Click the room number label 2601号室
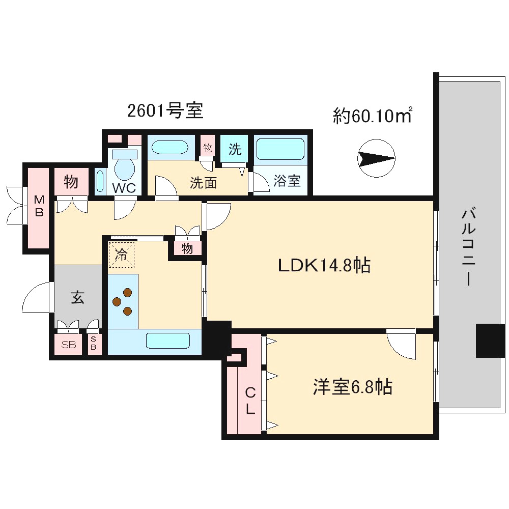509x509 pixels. click(x=165, y=110)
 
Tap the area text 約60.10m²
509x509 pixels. click(x=372, y=116)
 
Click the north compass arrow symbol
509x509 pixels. click(x=376, y=159)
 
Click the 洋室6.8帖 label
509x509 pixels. click(x=352, y=388)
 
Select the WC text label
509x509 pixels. click(x=124, y=188)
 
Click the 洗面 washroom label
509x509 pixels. click(x=204, y=183)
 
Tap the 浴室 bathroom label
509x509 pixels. click(x=287, y=181)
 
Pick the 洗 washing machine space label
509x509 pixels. click(x=234, y=149)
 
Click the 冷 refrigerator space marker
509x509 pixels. click(x=121, y=254)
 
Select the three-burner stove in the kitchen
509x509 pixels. click(x=123, y=301)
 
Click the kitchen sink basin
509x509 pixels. click(x=167, y=341)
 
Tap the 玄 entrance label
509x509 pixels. click(x=77, y=298)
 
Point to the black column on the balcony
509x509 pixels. click(x=490, y=341)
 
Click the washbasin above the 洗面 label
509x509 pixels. click(x=170, y=148)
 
